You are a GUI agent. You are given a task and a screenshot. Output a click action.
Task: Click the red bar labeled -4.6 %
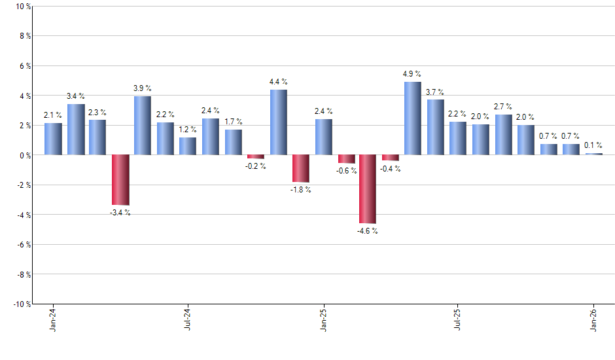point(368,189)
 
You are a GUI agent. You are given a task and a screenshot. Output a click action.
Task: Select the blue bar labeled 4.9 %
point(413,118)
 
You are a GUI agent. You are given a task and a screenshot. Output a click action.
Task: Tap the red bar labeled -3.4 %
point(120,180)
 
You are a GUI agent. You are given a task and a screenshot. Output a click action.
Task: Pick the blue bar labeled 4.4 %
point(278,122)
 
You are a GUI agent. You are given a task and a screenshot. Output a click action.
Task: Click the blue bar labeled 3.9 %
point(143,126)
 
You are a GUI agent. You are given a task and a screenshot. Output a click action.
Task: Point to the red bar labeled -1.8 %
point(301,168)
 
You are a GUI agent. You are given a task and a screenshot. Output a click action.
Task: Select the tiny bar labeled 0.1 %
point(594,154)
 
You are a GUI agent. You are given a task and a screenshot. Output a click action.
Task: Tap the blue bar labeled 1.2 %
point(188,146)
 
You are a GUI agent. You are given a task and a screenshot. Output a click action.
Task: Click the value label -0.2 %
point(256,166)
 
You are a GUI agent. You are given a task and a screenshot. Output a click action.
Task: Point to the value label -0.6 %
point(347,171)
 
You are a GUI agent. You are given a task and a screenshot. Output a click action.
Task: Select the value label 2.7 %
point(502,107)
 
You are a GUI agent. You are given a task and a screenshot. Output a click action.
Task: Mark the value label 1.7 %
point(233,122)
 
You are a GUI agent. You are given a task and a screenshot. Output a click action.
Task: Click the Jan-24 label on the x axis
point(53,320)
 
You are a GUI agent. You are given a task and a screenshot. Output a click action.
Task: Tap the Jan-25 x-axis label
point(323,320)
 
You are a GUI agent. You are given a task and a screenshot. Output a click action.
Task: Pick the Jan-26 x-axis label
point(594,320)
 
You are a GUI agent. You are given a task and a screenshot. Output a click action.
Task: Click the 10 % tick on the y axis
point(20,7)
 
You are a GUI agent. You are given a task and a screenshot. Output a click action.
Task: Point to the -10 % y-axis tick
point(19,304)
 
